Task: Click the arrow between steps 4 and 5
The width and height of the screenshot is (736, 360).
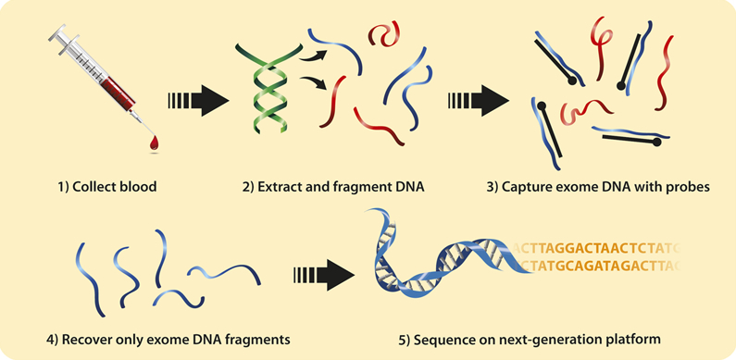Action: [321, 275]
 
